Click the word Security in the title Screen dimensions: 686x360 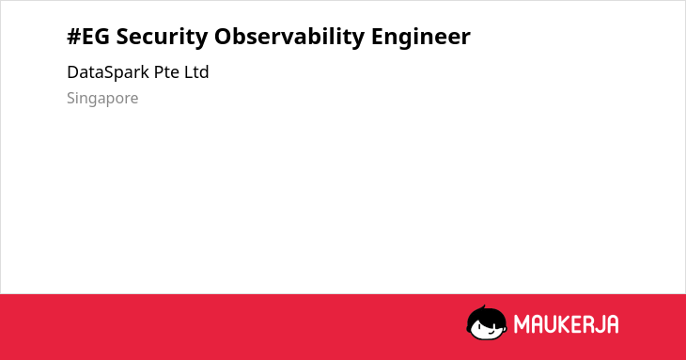click(x=162, y=38)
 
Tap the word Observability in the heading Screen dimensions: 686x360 click(x=289, y=38)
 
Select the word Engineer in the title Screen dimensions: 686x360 click(x=421, y=38)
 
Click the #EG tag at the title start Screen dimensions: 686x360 click(x=88, y=37)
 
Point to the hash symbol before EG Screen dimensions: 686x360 click(x=74, y=37)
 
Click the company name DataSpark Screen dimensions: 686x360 click(x=108, y=72)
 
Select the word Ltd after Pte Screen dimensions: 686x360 click(x=196, y=71)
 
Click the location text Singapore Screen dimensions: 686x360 click(x=102, y=99)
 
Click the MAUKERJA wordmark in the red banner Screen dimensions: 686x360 click(x=566, y=324)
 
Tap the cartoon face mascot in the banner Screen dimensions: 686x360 click(x=487, y=322)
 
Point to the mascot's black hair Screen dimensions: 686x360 click(x=486, y=315)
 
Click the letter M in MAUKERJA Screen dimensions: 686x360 click(x=522, y=324)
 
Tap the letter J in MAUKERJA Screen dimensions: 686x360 click(x=599, y=324)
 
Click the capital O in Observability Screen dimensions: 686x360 click(x=224, y=37)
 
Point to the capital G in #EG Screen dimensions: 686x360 click(x=101, y=37)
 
